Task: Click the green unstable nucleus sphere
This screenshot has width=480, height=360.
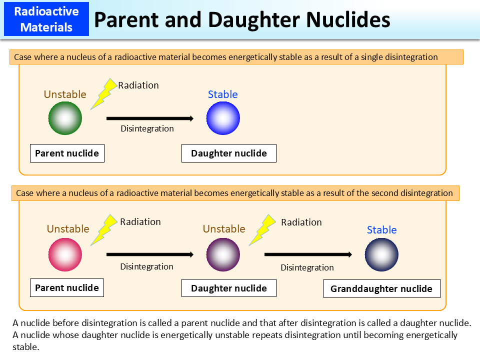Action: coord(65,118)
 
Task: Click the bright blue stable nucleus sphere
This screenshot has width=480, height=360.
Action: coord(223,118)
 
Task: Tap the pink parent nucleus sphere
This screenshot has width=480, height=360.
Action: coord(65,254)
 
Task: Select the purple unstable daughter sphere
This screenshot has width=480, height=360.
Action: coord(223,254)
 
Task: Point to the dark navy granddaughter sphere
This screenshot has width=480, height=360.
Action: coord(381,255)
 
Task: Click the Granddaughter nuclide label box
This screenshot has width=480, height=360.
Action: coord(381,288)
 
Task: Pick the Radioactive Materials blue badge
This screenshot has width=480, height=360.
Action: coord(46,19)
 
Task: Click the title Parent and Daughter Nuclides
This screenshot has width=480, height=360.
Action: coord(242,20)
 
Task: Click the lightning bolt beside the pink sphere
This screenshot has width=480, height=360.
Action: coord(104,230)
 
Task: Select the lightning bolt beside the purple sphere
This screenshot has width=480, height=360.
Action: coord(262,230)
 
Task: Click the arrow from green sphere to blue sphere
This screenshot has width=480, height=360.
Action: coord(149,118)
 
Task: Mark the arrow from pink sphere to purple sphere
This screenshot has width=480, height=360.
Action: coord(149,254)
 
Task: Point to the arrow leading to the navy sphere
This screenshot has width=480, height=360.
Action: coord(307,255)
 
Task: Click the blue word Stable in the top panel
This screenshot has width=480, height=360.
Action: coord(222,94)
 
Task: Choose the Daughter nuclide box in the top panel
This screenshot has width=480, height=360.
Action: coord(228,153)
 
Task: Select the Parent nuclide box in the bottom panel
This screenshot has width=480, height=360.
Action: coord(67,288)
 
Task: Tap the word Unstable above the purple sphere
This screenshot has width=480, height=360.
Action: coord(224,229)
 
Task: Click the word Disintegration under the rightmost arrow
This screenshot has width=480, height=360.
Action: coord(307,267)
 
